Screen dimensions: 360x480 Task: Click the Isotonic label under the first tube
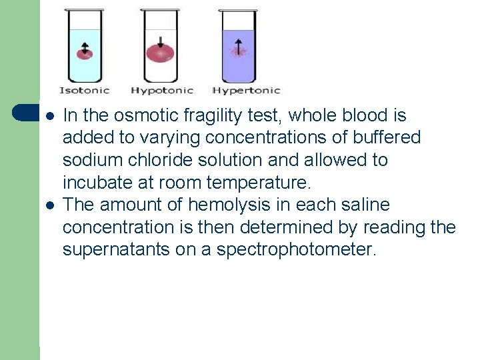click(85, 90)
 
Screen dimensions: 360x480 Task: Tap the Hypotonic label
click(162, 90)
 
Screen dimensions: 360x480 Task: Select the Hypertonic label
click(246, 90)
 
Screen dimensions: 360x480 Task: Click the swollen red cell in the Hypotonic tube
click(160, 53)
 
